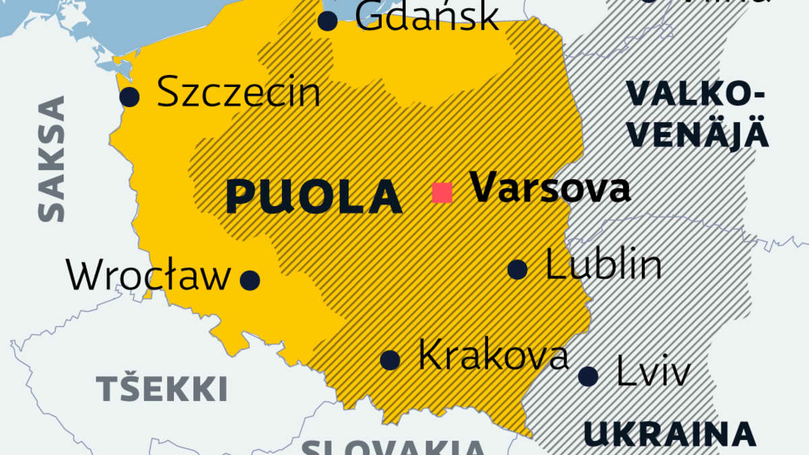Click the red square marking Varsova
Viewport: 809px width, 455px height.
click(x=442, y=193)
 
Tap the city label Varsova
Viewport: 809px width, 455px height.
click(x=549, y=188)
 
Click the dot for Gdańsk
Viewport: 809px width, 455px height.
click(x=328, y=21)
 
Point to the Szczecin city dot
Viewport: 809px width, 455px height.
click(x=129, y=97)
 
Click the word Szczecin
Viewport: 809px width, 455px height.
click(x=238, y=93)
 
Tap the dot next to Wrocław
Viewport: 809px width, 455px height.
click(x=250, y=280)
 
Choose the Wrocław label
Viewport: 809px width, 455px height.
click(x=148, y=276)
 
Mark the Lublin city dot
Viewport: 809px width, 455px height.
click(x=517, y=270)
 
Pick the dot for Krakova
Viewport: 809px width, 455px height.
click(x=390, y=360)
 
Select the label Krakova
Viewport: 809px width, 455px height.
click(x=493, y=355)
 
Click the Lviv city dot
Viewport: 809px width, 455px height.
click(x=588, y=376)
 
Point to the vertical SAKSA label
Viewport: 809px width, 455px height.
click(x=51, y=158)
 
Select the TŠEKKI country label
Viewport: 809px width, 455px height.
click(x=161, y=390)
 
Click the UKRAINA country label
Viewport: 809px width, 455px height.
click(x=669, y=434)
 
